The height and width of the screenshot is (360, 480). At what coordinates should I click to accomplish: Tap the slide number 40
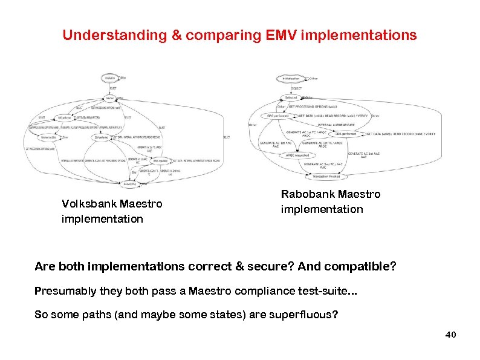(450, 335)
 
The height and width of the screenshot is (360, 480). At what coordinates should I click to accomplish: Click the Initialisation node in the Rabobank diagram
(291, 79)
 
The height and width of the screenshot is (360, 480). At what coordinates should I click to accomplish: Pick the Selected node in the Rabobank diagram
(291, 97)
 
